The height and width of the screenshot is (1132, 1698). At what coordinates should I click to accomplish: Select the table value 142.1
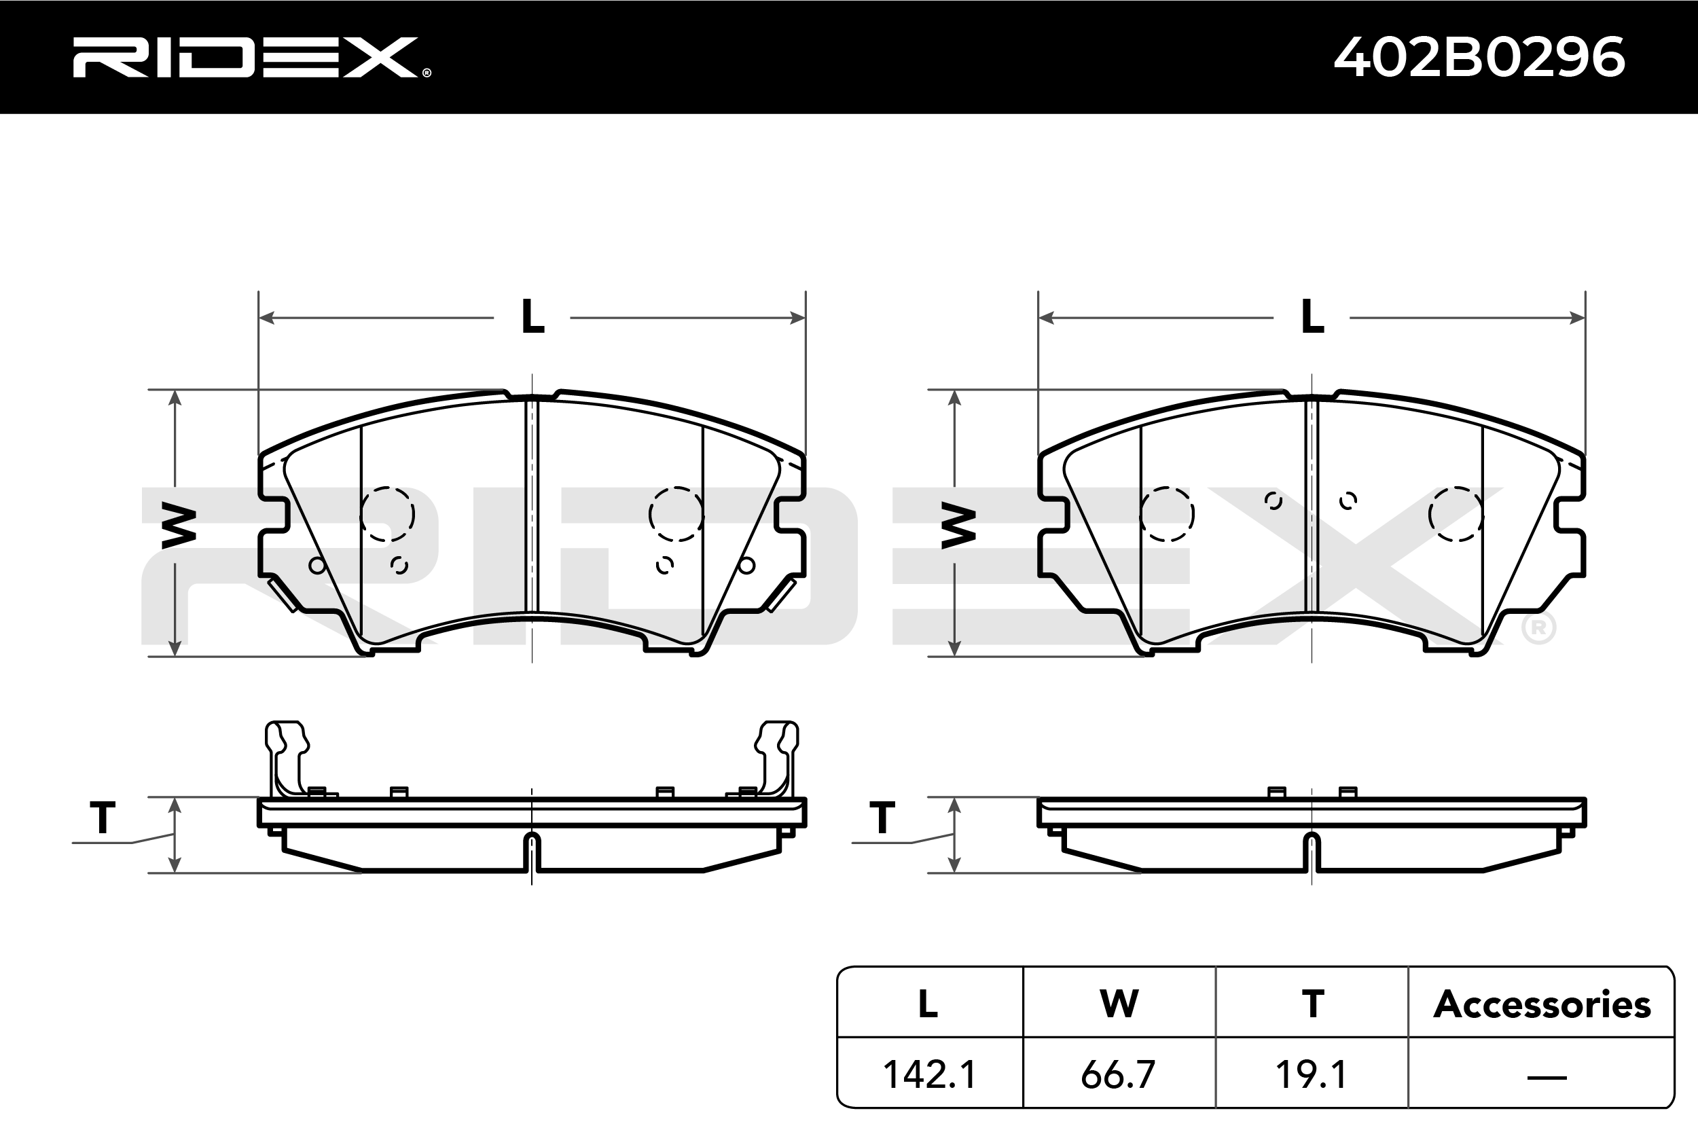tap(930, 1075)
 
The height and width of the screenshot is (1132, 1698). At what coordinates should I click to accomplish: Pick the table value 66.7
tap(1118, 1075)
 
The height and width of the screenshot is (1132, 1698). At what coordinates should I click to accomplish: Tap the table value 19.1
tap(1311, 1075)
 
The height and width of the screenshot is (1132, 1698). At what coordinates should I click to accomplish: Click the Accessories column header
tap(1541, 1004)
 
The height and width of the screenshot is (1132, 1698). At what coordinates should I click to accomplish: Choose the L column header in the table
tap(928, 1004)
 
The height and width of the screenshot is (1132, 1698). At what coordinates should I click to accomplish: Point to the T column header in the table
tap(1312, 1004)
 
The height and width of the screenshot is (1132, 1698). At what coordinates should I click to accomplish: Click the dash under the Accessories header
tap(1547, 1078)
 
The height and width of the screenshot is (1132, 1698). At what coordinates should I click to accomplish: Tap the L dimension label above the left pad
tap(532, 318)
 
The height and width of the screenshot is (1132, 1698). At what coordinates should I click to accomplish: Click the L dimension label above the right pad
tap(1312, 318)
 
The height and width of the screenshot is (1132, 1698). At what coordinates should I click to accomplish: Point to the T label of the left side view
tap(103, 819)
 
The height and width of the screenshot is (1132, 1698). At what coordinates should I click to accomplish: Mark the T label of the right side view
tap(882, 819)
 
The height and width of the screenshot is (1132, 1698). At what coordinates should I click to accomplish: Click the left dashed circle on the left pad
tap(388, 514)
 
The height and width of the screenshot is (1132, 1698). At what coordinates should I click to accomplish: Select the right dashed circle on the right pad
tap(1456, 514)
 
